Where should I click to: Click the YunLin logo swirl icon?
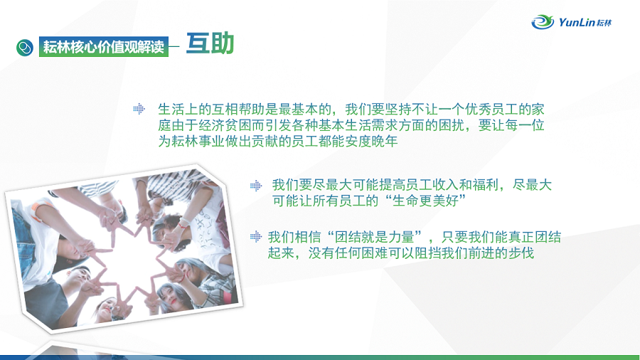point(543,21)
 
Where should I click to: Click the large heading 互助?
point(210,43)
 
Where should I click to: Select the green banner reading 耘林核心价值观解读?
point(104,46)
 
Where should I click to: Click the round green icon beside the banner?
point(25,48)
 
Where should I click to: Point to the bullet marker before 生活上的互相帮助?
point(139,109)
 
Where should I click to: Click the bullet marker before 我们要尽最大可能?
point(256,186)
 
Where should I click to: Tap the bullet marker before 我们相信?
point(256,236)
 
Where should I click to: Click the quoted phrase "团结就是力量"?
point(377,237)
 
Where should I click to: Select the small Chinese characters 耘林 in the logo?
point(604,23)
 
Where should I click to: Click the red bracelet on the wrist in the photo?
point(183,223)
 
